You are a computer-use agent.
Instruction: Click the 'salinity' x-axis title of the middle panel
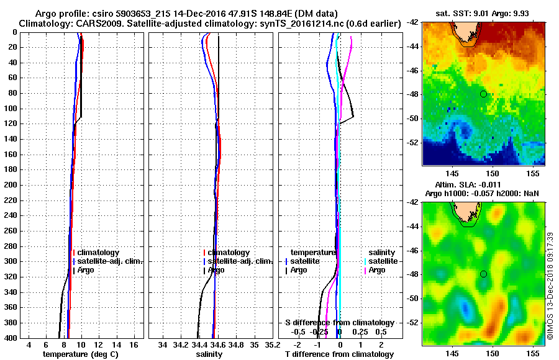pyautogui.click(x=209, y=354)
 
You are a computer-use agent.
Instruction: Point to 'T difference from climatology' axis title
pyautogui.click(x=339, y=354)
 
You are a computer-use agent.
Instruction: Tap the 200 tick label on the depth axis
pyautogui.click(x=9, y=185)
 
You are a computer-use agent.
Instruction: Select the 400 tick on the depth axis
pyautogui.click(x=9, y=338)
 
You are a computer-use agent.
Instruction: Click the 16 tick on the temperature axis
pyautogui.click(x=134, y=344)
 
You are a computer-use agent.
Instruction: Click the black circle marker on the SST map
pyautogui.click(x=483, y=94)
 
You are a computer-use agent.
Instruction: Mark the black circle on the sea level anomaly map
pyautogui.click(x=483, y=274)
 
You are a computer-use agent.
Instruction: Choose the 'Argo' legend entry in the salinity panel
pyautogui.click(x=217, y=270)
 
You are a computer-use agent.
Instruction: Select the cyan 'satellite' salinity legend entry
pyautogui.click(x=381, y=261)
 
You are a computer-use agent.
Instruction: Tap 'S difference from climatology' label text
pyautogui.click(x=339, y=323)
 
